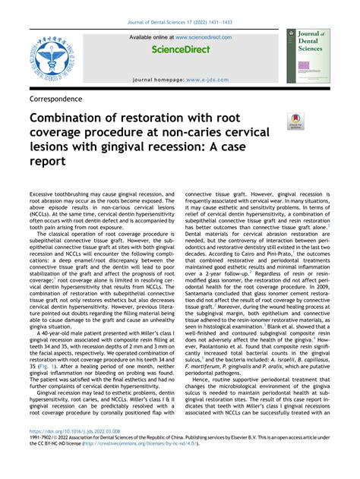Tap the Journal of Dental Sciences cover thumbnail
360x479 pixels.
tap(308, 56)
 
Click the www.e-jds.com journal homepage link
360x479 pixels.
tap(207, 79)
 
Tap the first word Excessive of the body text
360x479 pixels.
tap(46, 195)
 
